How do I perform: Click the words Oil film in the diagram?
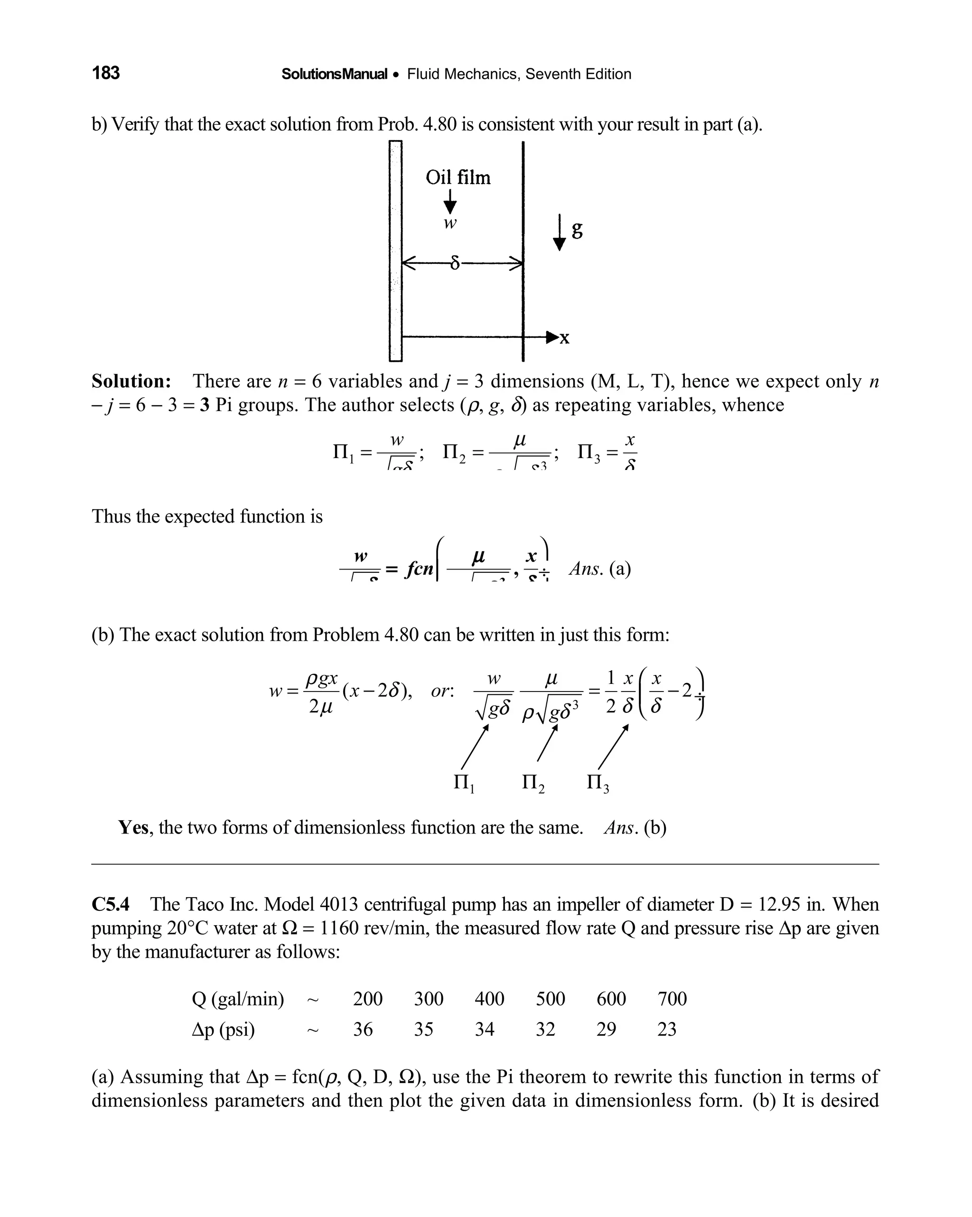(x=458, y=178)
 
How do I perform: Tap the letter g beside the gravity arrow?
(x=577, y=229)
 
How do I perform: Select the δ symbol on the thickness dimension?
(x=455, y=263)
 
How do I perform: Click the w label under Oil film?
(x=450, y=223)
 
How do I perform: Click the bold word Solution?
(x=131, y=381)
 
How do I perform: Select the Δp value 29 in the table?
(x=606, y=1030)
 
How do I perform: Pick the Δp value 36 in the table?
(x=363, y=1030)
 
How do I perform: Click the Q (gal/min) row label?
(x=238, y=999)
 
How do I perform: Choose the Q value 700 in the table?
(x=672, y=999)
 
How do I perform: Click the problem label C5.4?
(x=111, y=905)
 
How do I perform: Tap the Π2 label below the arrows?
(x=533, y=783)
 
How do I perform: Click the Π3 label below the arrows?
(x=597, y=783)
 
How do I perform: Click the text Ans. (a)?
(x=599, y=569)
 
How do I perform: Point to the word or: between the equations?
(x=442, y=691)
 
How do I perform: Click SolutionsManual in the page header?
(x=334, y=74)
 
